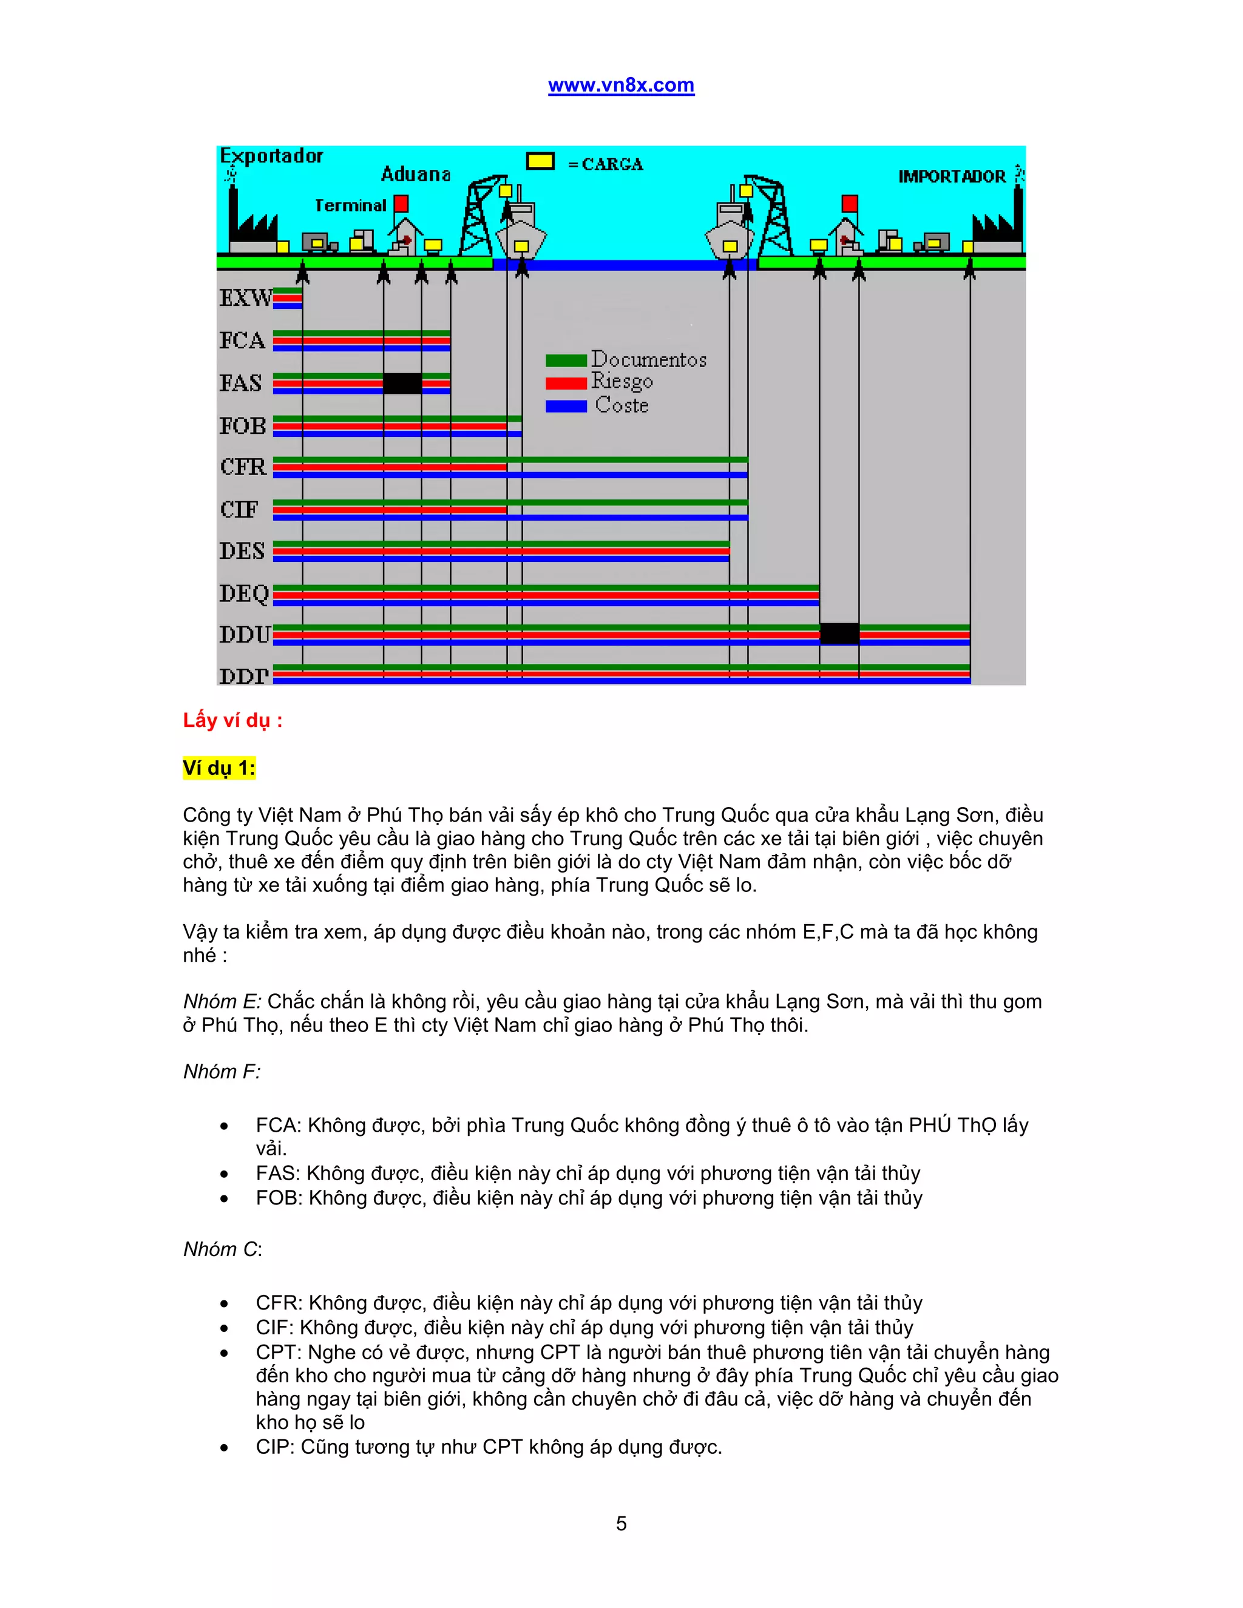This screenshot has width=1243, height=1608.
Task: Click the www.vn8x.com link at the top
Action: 621,86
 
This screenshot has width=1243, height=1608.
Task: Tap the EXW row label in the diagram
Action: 245,298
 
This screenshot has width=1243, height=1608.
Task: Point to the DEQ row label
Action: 244,593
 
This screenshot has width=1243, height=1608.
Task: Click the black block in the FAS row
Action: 402,383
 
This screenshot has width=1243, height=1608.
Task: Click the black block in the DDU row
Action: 839,633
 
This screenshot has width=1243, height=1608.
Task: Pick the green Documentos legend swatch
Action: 566,360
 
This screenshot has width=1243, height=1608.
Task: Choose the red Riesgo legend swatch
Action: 566,383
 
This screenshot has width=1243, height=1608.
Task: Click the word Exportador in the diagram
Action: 271,156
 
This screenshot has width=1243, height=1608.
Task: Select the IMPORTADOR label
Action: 952,177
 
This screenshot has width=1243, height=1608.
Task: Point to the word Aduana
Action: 415,175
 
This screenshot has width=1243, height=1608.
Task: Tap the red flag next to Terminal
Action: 401,203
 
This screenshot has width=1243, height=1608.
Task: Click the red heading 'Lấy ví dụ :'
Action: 232,720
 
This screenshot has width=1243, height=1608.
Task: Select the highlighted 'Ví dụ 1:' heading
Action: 218,768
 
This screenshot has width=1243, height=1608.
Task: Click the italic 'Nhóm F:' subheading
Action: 222,1071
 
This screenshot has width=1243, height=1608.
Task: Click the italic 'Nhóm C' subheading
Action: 221,1249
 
